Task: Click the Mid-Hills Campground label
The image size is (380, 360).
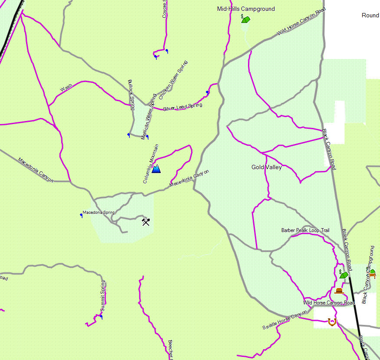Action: (x=246, y=9)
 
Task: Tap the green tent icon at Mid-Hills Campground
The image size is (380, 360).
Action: (x=246, y=19)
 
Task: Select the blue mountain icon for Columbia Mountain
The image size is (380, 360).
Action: (x=156, y=168)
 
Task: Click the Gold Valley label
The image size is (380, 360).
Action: (x=267, y=167)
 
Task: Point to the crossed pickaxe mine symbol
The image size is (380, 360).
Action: (x=146, y=222)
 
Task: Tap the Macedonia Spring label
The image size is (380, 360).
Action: (x=99, y=213)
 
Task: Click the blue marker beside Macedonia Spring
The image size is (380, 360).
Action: (x=81, y=215)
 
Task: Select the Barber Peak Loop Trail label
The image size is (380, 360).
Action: (x=305, y=230)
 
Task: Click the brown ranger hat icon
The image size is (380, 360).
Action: (x=339, y=291)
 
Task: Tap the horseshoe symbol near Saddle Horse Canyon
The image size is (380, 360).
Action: (x=332, y=322)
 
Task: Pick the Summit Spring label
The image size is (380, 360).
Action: (x=103, y=296)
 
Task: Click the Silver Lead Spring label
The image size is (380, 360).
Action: (x=182, y=107)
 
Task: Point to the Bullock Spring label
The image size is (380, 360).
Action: (x=131, y=95)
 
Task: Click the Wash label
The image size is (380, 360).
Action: (x=66, y=88)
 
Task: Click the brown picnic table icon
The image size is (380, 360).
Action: (x=372, y=274)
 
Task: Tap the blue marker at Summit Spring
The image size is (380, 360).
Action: (x=101, y=317)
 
